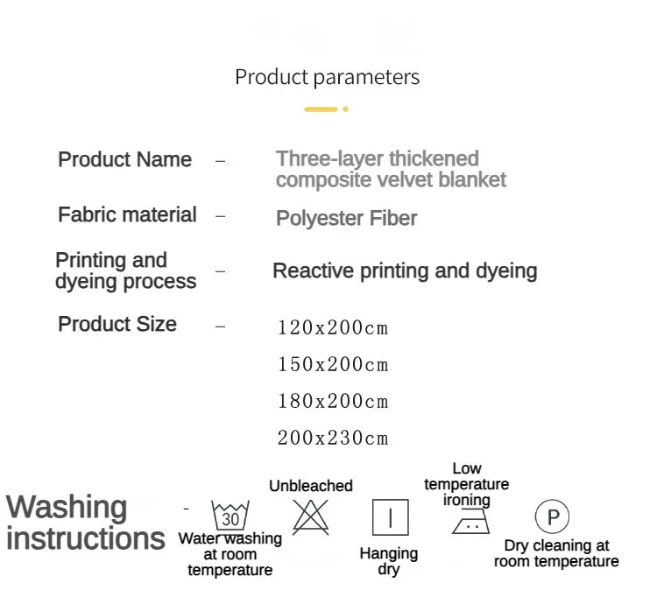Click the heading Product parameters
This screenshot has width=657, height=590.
click(327, 77)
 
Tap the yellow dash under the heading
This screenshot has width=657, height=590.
click(321, 109)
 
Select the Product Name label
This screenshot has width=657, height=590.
click(124, 160)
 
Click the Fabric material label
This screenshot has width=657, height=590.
click(127, 215)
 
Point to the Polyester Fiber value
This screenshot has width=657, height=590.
click(346, 219)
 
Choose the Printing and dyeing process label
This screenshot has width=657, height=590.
click(125, 270)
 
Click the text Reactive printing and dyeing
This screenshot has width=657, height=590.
click(405, 271)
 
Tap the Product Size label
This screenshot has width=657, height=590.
click(117, 325)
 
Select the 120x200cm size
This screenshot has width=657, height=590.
click(333, 328)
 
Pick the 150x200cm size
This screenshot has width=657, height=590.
click(333, 365)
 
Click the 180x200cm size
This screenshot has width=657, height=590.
click(333, 402)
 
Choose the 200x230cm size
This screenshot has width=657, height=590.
click(333, 439)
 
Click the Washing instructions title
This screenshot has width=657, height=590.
click(85, 523)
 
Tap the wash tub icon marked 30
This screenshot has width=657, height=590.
click(230, 516)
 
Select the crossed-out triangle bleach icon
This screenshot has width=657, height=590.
click(310, 516)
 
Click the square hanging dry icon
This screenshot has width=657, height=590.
click(391, 518)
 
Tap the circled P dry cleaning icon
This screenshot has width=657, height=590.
click(552, 517)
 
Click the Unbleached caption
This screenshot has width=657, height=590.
click(311, 486)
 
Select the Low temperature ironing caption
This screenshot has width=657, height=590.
click(466, 484)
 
